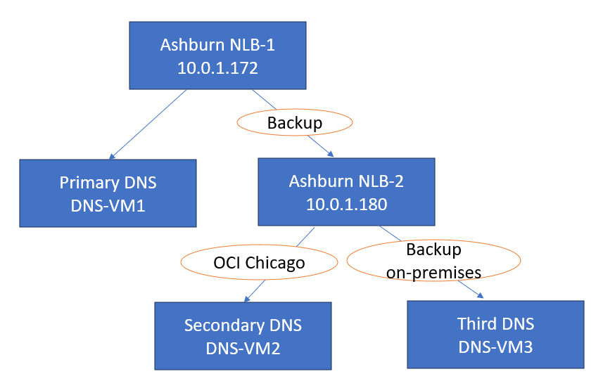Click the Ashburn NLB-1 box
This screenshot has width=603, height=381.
tap(217, 56)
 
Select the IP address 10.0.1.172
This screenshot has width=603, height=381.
tap(217, 69)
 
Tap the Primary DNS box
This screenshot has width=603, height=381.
tap(108, 193)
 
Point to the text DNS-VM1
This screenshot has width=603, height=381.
tap(108, 206)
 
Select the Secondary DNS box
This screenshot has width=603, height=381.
tap(243, 335)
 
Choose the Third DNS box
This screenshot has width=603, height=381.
tap(495, 334)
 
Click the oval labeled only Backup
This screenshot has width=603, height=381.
tap(295, 123)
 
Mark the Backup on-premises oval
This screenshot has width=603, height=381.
tap(433, 261)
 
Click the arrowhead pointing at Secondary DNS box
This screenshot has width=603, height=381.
tap(246, 299)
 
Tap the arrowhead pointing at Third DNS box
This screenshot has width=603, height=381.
tap(482, 297)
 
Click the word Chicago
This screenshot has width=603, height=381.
tap(281, 263)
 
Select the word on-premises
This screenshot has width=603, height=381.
tap(433, 271)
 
